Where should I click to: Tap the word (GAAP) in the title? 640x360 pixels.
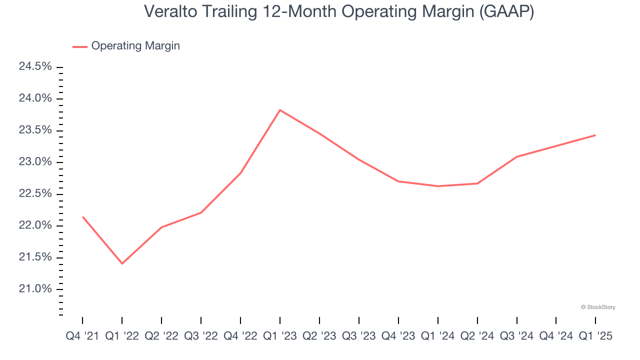[x=506, y=11]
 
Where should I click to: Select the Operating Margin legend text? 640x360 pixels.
[x=135, y=46]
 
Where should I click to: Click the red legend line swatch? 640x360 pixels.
[x=80, y=46]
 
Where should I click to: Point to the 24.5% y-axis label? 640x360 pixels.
[x=35, y=66]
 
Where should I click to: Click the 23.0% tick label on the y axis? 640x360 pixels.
[x=35, y=162]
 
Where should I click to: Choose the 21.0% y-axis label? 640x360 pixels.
[x=35, y=289]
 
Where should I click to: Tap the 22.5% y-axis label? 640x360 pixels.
[x=35, y=194]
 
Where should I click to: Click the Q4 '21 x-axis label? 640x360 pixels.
[x=82, y=336]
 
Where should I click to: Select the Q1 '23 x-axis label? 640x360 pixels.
[x=280, y=336]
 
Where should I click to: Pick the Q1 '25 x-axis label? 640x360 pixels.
[x=595, y=336]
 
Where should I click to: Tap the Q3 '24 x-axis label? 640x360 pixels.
[x=516, y=336]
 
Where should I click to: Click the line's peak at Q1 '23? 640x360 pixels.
[x=280, y=110]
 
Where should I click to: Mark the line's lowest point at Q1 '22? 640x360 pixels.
[x=122, y=263]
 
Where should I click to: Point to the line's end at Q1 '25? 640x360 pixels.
[x=595, y=135]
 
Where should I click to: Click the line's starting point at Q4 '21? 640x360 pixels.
[x=82, y=217]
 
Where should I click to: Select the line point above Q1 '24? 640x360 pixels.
[x=438, y=186]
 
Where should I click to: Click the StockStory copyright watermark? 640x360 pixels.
[x=598, y=307]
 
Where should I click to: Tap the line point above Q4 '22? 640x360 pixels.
[x=240, y=173]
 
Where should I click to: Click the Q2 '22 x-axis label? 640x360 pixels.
[x=161, y=336]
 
